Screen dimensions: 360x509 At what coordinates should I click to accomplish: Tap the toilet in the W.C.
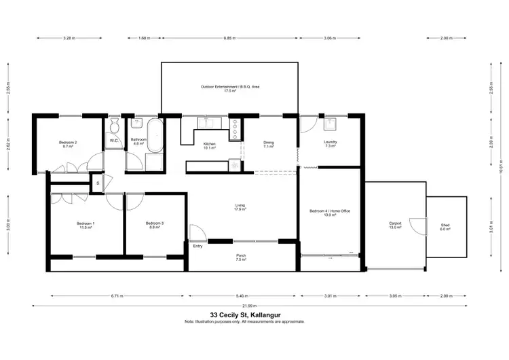(x=115, y=126)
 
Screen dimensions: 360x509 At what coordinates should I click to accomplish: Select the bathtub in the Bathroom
(x=155, y=135)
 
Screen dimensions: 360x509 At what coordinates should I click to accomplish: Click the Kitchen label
(x=210, y=145)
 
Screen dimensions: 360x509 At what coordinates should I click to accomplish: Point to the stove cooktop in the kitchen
(x=235, y=128)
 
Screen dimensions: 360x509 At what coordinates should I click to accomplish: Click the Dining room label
(x=268, y=144)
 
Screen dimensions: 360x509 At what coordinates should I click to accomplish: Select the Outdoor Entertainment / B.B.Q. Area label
(x=229, y=88)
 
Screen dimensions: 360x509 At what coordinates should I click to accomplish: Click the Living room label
(x=240, y=208)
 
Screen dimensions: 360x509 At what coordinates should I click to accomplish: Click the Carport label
(x=395, y=225)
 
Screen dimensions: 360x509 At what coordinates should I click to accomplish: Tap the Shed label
(x=445, y=227)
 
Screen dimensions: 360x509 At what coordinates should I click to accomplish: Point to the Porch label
(x=240, y=257)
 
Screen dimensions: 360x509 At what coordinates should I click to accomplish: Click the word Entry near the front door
(x=197, y=246)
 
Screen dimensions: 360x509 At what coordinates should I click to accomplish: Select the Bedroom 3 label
(x=154, y=225)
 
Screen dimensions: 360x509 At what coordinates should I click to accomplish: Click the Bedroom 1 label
(x=85, y=226)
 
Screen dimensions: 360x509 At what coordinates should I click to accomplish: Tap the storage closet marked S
(x=98, y=183)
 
